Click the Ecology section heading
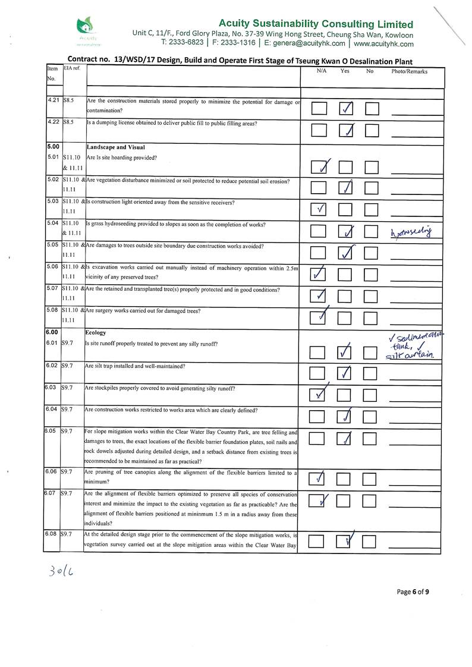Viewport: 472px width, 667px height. tap(96, 333)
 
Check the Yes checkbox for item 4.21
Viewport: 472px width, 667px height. tap(346, 108)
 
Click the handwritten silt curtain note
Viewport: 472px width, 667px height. tap(411, 355)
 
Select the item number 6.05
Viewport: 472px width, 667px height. tap(52, 431)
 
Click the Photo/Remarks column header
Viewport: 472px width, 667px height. tap(409, 71)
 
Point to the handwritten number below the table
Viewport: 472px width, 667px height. tap(62, 571)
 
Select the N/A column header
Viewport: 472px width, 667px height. tap(322, 71)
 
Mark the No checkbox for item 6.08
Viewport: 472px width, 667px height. tap(370, 541)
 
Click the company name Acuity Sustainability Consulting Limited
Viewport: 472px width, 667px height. tap(316, 24)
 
